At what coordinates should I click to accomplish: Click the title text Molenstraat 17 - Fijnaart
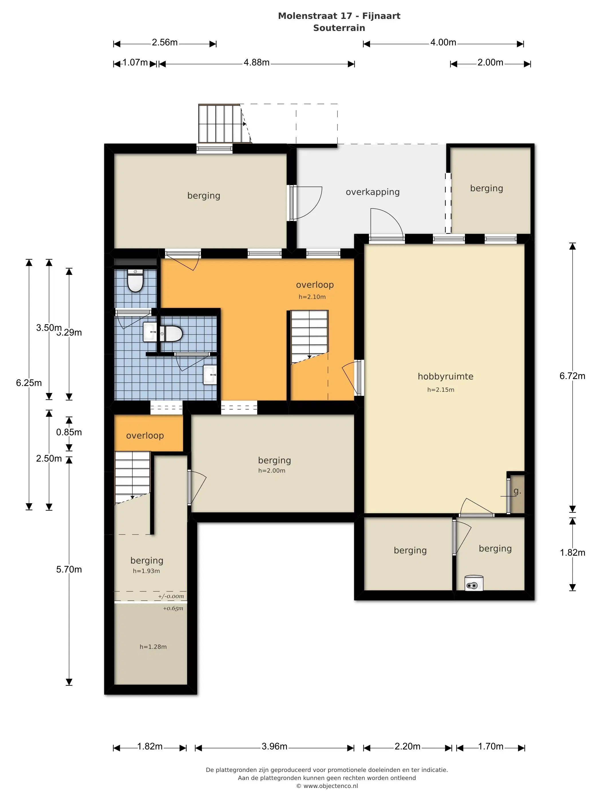coord(339,16)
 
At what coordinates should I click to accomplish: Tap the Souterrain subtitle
coord(339,28)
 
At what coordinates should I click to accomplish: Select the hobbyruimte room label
coord(445,377)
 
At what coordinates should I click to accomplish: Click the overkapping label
coord(372,192)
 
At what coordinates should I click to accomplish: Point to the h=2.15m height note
coord(440,390)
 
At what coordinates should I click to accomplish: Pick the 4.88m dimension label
coord(256,62)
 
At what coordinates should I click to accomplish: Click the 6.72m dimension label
coord(572,376)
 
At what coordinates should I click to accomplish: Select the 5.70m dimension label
coord(69,569)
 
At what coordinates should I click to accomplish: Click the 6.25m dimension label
coord(29,383)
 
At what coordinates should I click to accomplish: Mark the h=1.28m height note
coord(153,647)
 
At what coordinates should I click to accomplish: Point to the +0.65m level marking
coord(173,608)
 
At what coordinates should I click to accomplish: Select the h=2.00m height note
coord(272,471)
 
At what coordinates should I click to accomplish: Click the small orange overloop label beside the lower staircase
coord(145,436)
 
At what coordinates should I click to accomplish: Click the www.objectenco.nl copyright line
coord(327,786)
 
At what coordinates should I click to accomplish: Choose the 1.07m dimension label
coord(135,62)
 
